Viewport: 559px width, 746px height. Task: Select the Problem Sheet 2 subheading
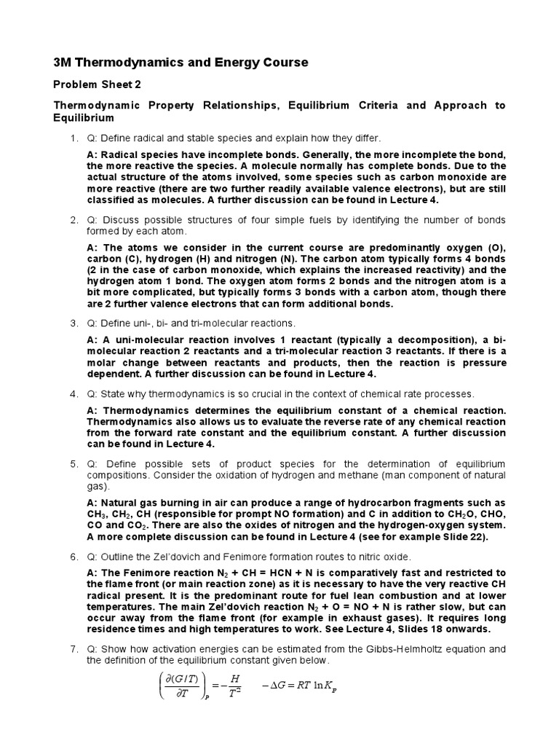pos(98,85)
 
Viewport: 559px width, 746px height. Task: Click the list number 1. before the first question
pos(74,138)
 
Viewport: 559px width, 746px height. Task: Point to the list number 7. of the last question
pos(74,648)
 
